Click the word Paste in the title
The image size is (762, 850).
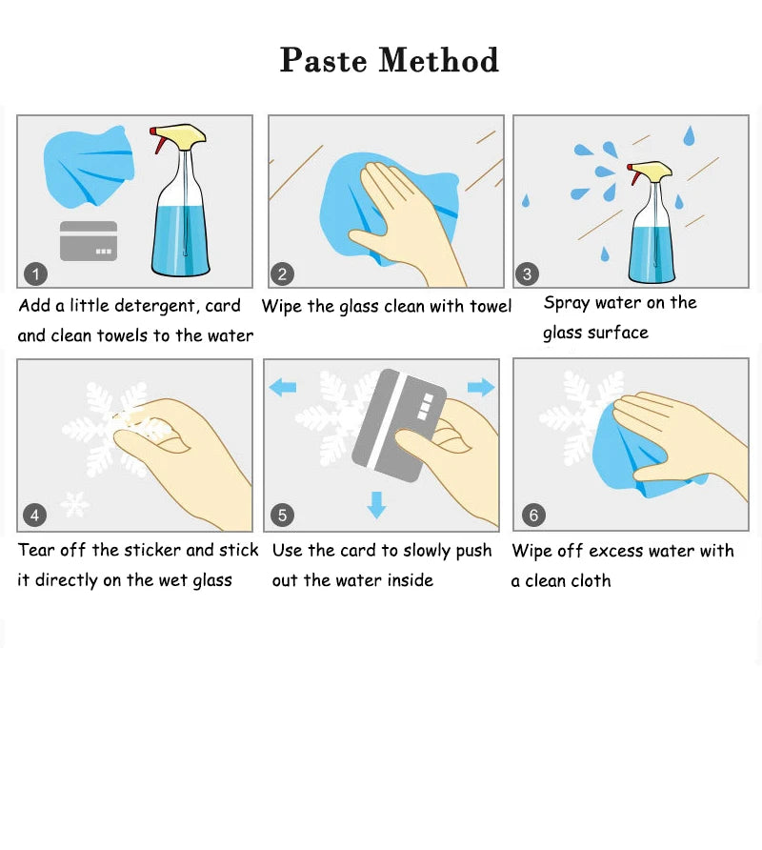pos(324,60)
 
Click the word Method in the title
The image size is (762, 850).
pos(438,60)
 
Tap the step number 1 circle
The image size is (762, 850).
pos(36,274)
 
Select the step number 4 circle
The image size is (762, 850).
pos(34,515)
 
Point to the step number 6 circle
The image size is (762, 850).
pos(533,515)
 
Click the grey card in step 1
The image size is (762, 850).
pos(89,241)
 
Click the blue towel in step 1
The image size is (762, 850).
pos(89,167)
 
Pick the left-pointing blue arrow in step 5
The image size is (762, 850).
pos(283,387)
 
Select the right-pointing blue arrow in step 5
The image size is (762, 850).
pos(481,387)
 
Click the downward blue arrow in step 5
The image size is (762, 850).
pos(376,505)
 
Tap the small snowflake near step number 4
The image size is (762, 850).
pos(75,505)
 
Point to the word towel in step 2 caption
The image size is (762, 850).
pos(491,306)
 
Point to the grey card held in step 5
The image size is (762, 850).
pos(399,425)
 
